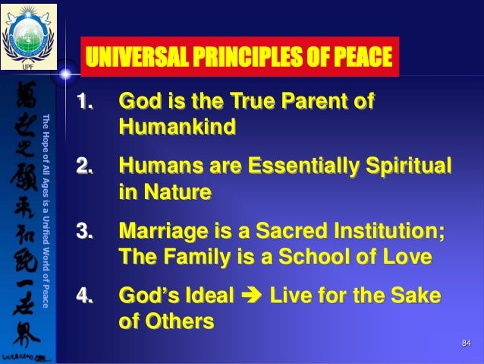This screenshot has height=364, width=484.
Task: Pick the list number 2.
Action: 88,165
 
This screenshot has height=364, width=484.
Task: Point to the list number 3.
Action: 88,229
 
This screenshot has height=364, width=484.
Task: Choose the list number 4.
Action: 88,294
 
